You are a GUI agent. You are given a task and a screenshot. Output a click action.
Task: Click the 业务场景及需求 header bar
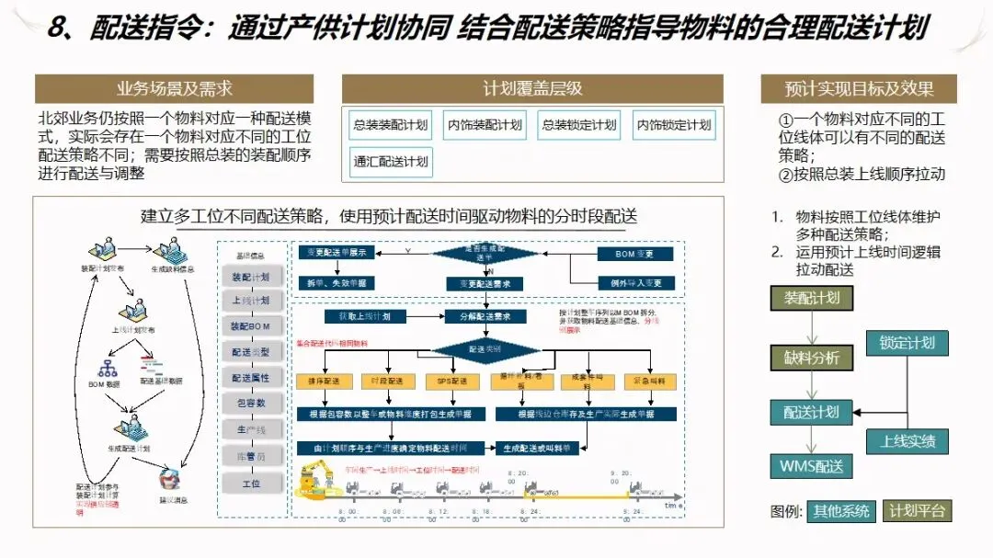(x=174, y=89)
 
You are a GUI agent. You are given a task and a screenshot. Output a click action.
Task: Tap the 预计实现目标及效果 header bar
(x=859, y=89)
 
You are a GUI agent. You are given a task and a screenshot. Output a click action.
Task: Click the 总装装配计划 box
(x=391, y=126)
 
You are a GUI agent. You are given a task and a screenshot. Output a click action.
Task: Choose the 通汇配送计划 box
(x=391, y=162)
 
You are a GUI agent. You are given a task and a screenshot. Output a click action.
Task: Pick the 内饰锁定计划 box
(x=674, y=126)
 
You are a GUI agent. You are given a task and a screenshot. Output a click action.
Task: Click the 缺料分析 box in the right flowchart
(x=811, y=358)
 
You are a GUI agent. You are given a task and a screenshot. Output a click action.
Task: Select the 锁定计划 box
(x=907, y=343)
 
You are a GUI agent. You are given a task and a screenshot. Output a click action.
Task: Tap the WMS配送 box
(x=811, y=466)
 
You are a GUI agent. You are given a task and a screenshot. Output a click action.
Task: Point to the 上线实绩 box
(x=907, y=441)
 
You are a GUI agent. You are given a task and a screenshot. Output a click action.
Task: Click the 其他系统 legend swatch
(x=839, y=511)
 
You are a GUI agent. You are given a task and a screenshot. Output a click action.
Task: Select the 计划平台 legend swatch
(x=917, y=511)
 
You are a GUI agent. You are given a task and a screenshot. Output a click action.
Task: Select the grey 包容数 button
(x=250, y=404)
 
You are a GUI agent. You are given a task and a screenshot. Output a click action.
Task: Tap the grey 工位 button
(x=250, y=484)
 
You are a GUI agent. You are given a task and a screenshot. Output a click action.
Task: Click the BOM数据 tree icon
(x=109, y=367)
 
